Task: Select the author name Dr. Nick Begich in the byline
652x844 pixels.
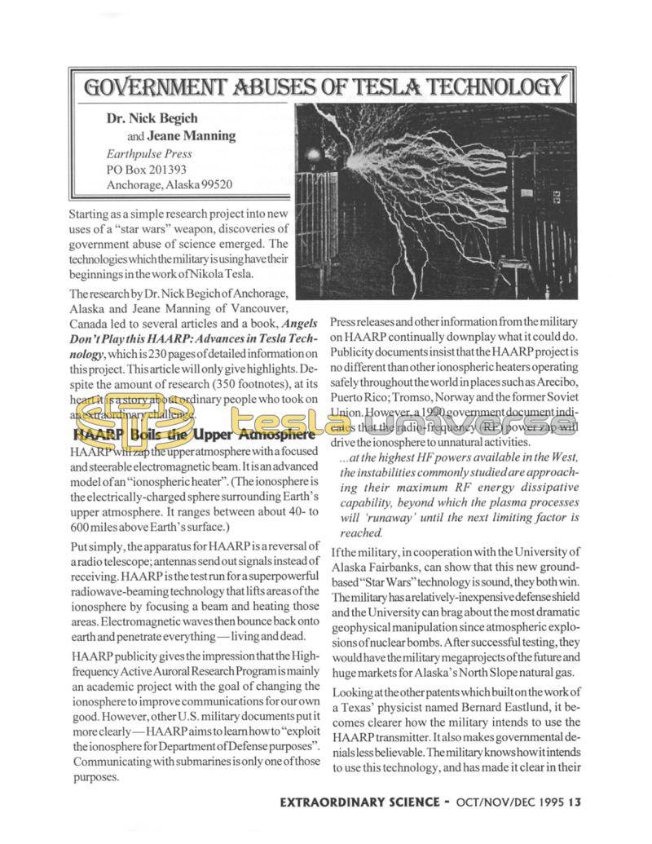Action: [152, 118]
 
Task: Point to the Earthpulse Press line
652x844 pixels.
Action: [149, 152]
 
